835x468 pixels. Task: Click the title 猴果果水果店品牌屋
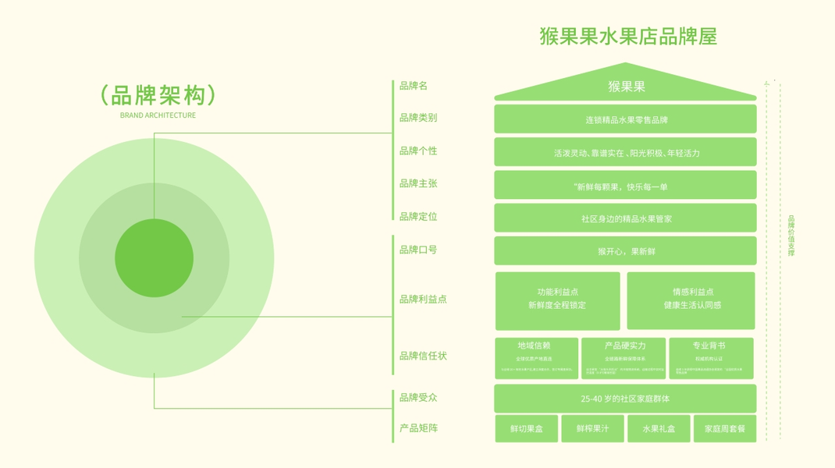[627, 37]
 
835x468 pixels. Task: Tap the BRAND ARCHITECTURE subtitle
[158, 115]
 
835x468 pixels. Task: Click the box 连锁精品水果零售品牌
[626, 120]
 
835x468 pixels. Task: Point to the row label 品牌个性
[418, 151]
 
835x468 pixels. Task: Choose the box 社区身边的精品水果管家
[626, 219]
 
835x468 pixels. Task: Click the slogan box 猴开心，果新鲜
[626, 252]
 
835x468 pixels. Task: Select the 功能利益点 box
[557, 300]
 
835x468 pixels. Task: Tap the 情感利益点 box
[691, 300]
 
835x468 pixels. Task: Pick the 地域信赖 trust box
[536, 358]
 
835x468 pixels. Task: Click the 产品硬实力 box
[624, 358]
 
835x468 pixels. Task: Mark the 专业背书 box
[711, 358]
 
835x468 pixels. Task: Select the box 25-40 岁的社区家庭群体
[626, 399]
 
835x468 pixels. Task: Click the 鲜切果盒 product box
[527, 429]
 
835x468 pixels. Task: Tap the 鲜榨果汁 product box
[592, 429]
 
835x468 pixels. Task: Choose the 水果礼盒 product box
[659, 429]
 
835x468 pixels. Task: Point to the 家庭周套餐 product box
[725, 429]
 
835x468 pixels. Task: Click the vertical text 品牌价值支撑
[791, 236]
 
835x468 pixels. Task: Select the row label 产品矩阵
[418, 428]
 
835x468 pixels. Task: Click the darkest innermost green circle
[154, 258]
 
